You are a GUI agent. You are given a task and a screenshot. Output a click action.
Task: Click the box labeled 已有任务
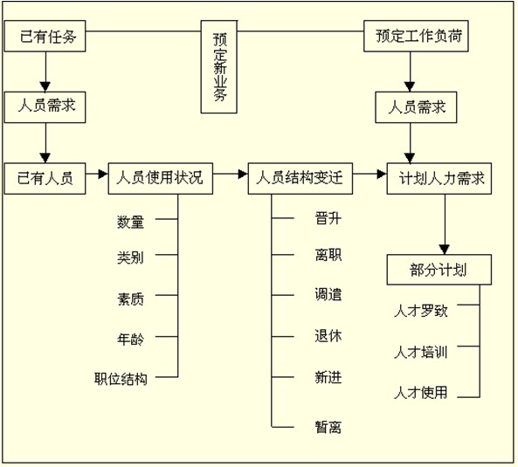point(45,36)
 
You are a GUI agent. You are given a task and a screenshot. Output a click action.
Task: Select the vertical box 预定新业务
point(219,67)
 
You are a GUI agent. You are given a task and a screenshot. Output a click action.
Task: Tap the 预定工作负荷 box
point(416,36)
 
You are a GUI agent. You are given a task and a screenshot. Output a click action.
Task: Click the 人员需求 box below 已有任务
point(45,107)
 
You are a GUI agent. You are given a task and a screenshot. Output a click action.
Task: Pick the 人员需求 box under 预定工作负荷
point(416,107)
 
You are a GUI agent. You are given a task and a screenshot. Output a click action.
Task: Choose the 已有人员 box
point(45,178)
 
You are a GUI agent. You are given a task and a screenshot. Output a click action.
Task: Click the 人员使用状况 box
point(161,178)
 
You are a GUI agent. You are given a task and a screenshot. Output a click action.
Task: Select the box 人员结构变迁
point(300,178)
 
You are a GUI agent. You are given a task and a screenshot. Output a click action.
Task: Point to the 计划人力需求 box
point(439,178)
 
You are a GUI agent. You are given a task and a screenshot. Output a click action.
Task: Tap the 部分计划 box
point(439,270)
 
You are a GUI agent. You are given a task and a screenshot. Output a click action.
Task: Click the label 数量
point(130,222)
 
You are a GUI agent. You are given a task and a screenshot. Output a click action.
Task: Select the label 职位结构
point(121,379)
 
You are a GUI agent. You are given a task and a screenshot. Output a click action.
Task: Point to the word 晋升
point(328,218)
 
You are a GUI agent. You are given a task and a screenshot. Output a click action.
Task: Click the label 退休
point(328,336)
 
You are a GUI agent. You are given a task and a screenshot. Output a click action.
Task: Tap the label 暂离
point(328,427)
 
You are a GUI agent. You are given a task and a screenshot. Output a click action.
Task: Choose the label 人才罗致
point(421,311)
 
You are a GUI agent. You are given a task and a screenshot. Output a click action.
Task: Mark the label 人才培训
point(421,353)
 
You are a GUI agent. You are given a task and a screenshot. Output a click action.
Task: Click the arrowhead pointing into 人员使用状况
point(103,174)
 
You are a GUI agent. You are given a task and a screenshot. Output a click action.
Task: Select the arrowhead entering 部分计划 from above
point(445,250)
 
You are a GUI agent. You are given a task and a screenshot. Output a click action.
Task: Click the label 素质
point(130,299)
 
